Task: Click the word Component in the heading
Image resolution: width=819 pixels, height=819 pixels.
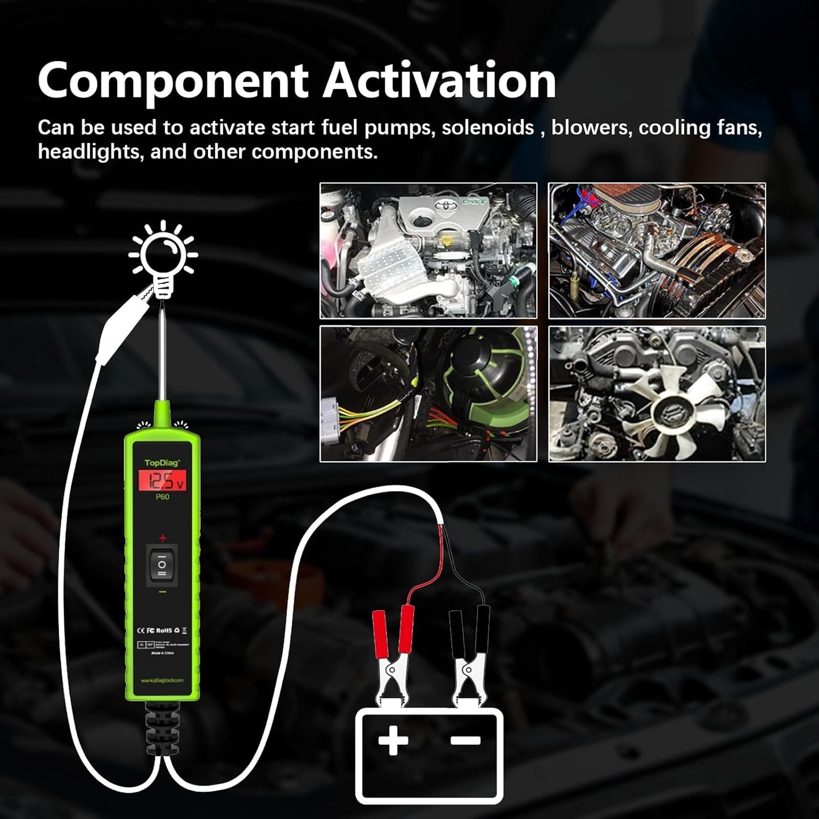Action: point(173,82)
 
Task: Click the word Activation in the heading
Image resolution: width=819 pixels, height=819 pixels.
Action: point(440,82)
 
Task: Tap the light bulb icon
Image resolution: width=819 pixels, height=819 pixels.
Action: point(163,258)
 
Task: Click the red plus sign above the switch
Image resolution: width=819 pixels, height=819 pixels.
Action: point(163,537)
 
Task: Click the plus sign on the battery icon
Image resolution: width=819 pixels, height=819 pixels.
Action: point(393,740)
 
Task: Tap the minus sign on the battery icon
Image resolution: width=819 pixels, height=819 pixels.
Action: point(466,739)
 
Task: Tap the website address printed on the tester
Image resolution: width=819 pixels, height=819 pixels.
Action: point(163,681)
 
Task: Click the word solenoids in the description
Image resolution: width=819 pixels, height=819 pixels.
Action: point(488,128)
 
